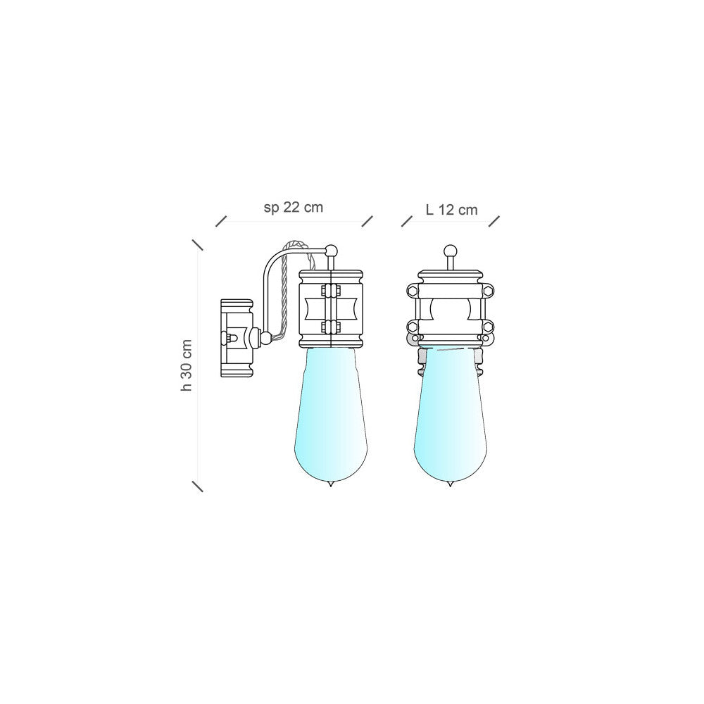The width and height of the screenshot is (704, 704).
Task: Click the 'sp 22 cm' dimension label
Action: click(x=293, y=208)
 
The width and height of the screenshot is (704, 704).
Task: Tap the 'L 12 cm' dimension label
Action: click(x=451, y=210)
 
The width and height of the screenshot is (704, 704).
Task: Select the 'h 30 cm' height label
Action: click(x=187, y=365)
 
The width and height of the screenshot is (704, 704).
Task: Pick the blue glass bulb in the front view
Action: click(x=449, y=415)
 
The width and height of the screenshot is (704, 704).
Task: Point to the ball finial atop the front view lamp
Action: click(x=449, y=251)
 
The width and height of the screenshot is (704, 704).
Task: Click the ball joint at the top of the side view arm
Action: click(x=332, y=250)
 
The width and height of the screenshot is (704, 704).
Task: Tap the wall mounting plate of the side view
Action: click(x=236, y=338)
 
